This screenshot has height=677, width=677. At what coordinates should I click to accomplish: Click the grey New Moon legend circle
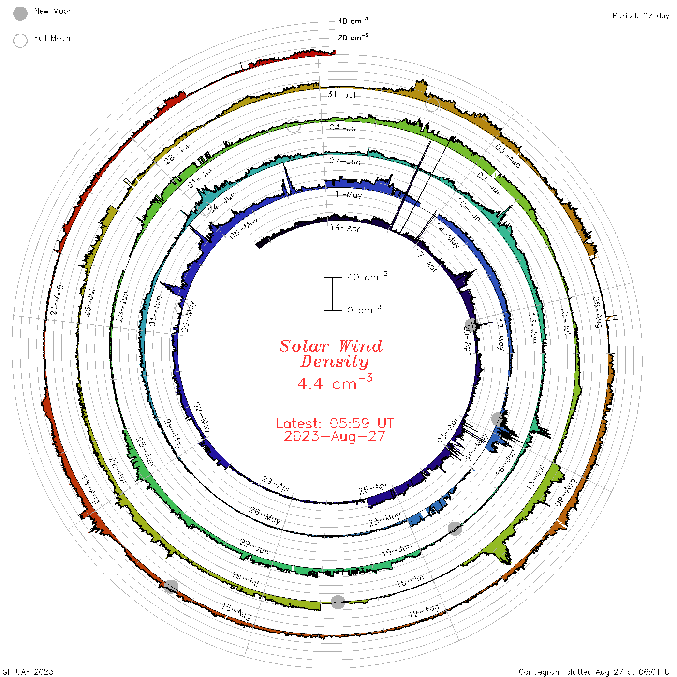[20, 14]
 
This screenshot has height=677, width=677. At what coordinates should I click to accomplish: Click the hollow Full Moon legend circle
[20, 41]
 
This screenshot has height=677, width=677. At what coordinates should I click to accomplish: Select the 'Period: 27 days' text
[643, 16]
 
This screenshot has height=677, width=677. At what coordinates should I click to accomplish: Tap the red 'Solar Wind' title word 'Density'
[334, 362]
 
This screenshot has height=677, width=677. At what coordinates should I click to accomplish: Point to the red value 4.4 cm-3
[335, 382]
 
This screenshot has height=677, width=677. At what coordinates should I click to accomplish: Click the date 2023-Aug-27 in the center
[335, 436]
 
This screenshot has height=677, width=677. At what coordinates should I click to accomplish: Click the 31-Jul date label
[341, 94]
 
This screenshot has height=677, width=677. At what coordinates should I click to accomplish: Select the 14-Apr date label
[345, 227]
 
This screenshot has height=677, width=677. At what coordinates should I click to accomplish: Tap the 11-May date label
[346, 194]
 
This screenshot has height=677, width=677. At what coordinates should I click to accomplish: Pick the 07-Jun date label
[345, 161]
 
